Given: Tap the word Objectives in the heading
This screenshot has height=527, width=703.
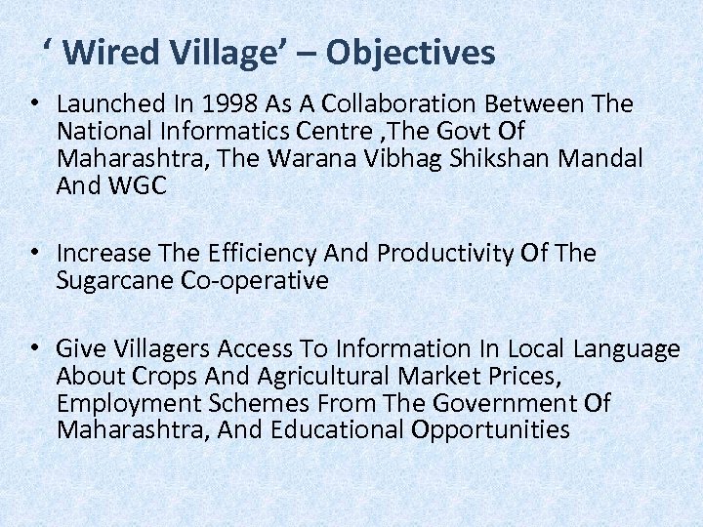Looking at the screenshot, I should click(x=410, y=53).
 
